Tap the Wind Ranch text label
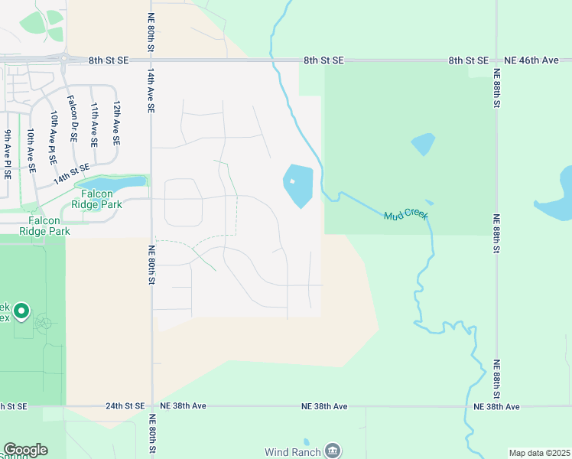point(292,451)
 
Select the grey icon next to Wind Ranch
point(333,451)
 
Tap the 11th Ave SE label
point(94,124)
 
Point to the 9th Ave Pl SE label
point(8,154)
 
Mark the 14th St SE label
point(71,174)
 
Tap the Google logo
point(25,450)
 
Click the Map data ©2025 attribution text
point(538,453)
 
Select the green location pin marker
point(21,311)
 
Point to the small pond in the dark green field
point(423,144)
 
